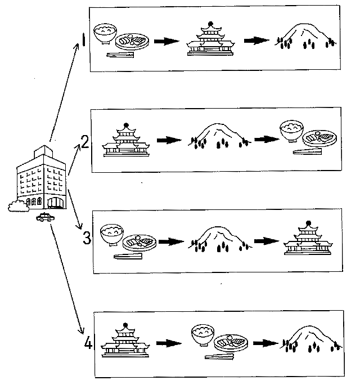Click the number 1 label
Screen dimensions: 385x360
(x=83, y=42)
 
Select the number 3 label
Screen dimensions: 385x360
(x=86, y=238)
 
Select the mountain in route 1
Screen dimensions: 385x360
(x=306, y=35)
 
